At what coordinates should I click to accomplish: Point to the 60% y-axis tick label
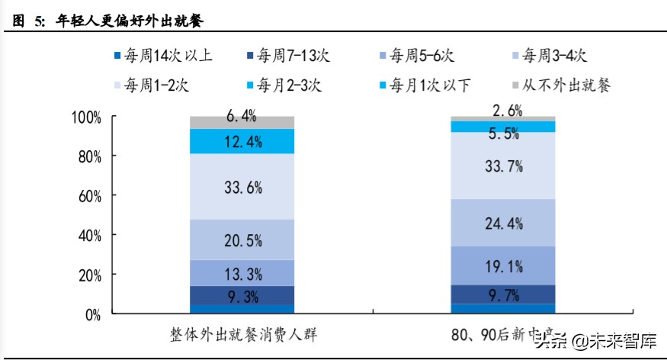[88, 196]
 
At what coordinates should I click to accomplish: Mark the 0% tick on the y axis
[92, 313]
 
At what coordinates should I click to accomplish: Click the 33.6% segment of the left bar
[242, 187]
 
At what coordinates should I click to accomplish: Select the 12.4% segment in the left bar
[242, 141]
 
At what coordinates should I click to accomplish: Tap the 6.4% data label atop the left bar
[242, 117]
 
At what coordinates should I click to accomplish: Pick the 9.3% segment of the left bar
[242, 295]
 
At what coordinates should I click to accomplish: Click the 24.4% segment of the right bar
[502, 223]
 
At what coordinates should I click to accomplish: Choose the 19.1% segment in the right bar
[502, 265]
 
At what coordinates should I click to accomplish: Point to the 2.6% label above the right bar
[502, 109]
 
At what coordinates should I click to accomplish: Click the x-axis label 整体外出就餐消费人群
[242, 336]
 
